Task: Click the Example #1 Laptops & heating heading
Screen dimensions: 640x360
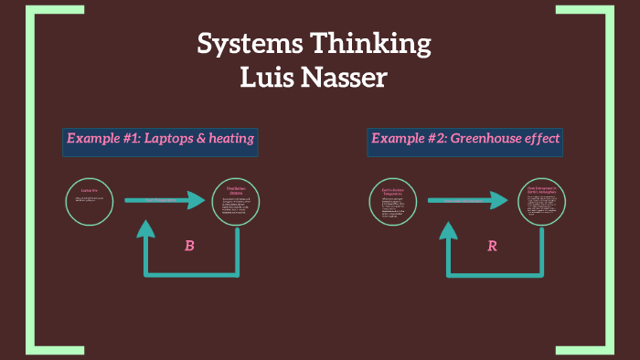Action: click(x=160, y=140)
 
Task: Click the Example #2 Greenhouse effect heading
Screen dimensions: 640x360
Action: click(x=464, y=140)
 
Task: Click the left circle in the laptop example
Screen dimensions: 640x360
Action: click(x=90, y=201)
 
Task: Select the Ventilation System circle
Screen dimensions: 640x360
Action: click(x=235, y=201)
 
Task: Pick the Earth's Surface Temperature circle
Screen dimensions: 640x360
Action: click(x=392, y=201)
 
